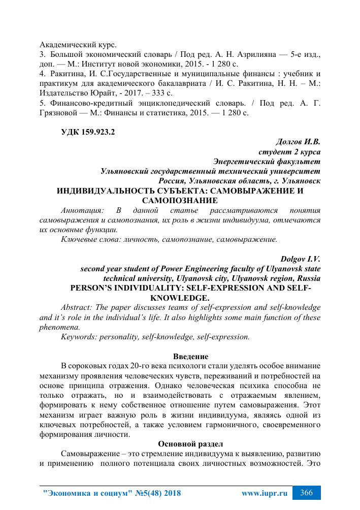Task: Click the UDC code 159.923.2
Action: tap(88, 133)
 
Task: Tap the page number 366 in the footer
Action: tap(307, 493)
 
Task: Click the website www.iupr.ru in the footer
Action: tap(264, 494)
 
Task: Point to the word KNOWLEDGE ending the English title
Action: tap(179, 298)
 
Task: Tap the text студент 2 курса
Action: tap(289, 152)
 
